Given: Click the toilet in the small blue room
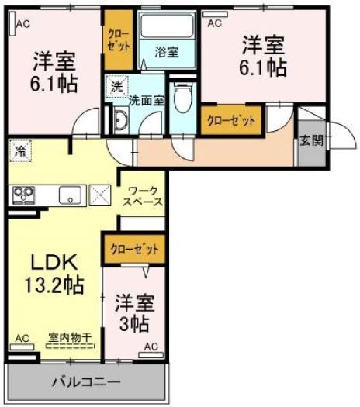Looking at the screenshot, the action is (182, 98).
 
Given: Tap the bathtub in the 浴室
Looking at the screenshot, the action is (168, 26).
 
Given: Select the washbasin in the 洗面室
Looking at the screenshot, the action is (120, 120).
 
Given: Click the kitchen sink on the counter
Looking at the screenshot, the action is (70, 195).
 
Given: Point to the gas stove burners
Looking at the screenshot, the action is (24, 195).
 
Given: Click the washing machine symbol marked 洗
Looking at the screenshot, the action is (117, 86).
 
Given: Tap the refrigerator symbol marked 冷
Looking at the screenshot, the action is (20, 151).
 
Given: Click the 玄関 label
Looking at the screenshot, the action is (311, 140).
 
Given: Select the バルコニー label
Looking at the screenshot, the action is (86, 382).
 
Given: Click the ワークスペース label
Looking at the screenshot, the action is (143, 197).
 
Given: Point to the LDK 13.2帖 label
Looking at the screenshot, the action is (54, 274).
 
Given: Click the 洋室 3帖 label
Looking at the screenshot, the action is (134, 313).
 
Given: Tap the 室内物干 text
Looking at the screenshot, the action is (70, 337).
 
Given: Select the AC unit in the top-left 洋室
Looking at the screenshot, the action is (12, 23).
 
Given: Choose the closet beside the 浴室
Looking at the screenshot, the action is (119, 40).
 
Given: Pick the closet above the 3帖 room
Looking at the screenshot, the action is (134, 250).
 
